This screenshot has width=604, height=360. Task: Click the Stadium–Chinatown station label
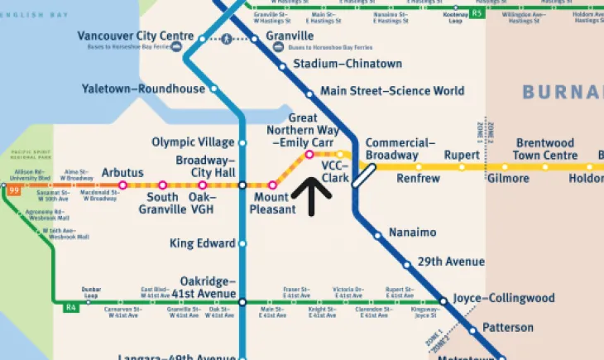348,64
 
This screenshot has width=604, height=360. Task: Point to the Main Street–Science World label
392,91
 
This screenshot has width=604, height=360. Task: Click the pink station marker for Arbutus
122,185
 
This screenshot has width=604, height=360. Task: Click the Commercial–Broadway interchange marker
364,175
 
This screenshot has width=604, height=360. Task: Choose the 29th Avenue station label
451,262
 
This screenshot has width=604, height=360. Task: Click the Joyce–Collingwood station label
502,298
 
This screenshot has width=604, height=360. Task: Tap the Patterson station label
508,328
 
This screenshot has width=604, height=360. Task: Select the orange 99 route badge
13,190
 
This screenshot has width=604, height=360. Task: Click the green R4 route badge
71,309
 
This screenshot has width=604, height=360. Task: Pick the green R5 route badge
477,14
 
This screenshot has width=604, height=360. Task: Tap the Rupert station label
462,155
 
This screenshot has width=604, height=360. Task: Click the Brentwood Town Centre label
544,150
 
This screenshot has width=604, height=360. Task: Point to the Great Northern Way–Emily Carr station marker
309,155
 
